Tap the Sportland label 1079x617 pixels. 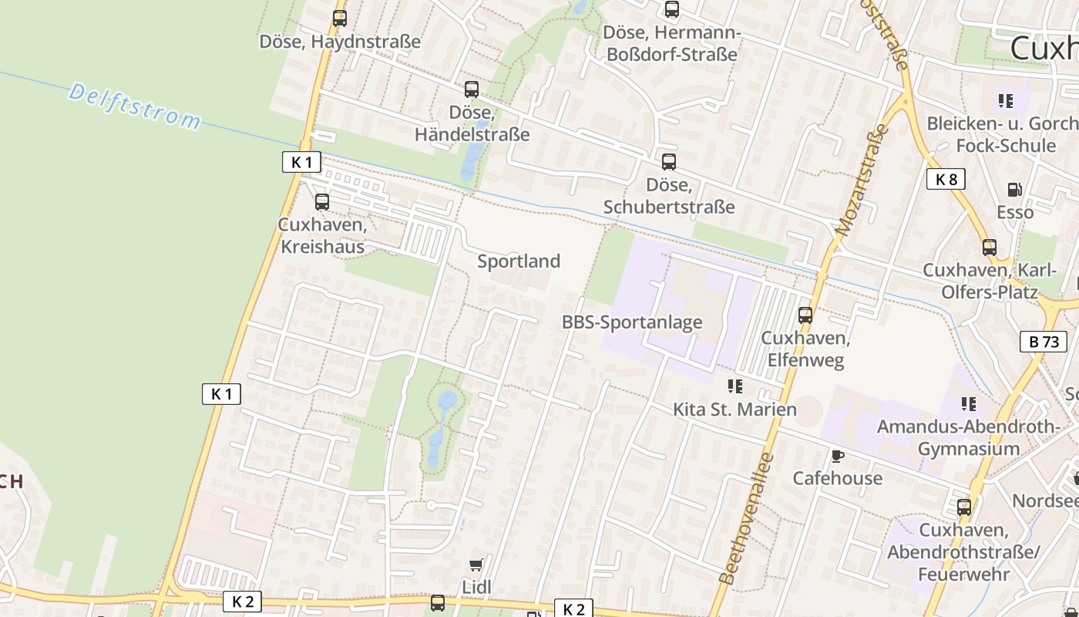(519, 261)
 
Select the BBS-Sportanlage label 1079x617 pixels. (632, 322)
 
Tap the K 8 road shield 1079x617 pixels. (946, 180)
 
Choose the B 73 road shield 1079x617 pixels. (1044, 342)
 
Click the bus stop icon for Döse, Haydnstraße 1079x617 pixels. (340, 18)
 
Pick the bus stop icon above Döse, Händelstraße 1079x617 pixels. (472, 89)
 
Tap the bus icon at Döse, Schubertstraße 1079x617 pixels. (669, 162)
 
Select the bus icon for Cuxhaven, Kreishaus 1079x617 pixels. (322, 202)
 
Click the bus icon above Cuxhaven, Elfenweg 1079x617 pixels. (805, 315)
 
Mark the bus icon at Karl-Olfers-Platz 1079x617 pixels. (990, 248)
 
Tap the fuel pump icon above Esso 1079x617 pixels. (1015, 190)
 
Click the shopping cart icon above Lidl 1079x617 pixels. (476, 565)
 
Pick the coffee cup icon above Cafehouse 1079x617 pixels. (838, 456)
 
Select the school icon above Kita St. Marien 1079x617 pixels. (734, 386)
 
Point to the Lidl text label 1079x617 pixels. (476, 587)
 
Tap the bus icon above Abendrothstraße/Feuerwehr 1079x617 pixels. (964, 507)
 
